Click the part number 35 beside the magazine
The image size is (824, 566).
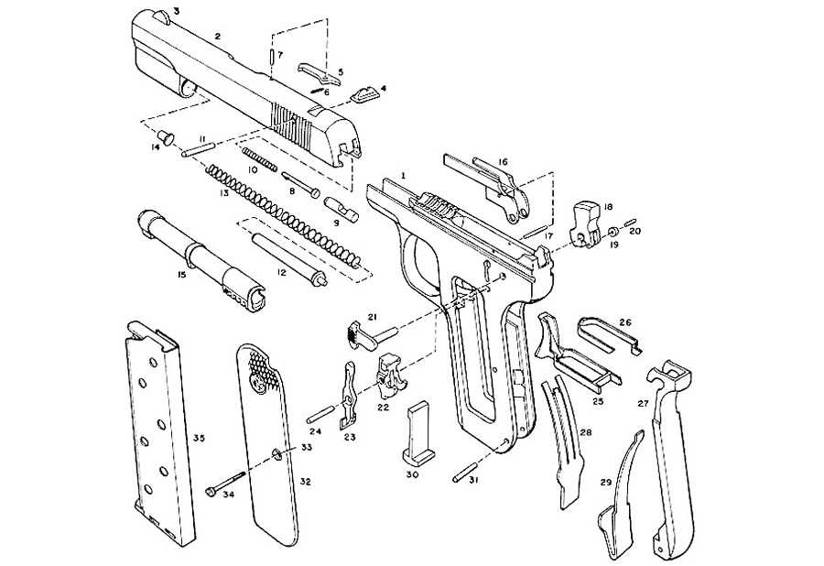(x=199, y=440)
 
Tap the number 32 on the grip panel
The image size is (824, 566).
(x=306, y=482)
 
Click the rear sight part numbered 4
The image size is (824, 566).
(x=363, y=93)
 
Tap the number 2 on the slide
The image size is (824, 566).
(x=217, y=37)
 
